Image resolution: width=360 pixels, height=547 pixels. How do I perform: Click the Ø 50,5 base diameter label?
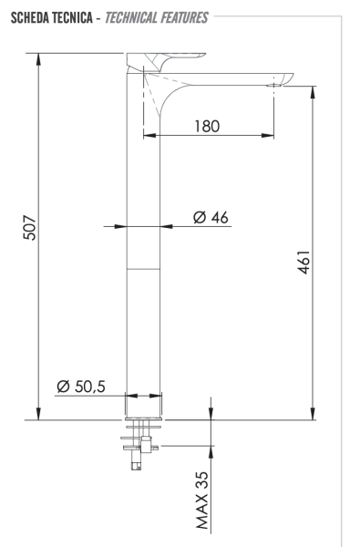80,387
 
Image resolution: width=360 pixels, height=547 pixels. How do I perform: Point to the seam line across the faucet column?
143,270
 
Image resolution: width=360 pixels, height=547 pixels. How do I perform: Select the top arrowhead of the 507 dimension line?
39,57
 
